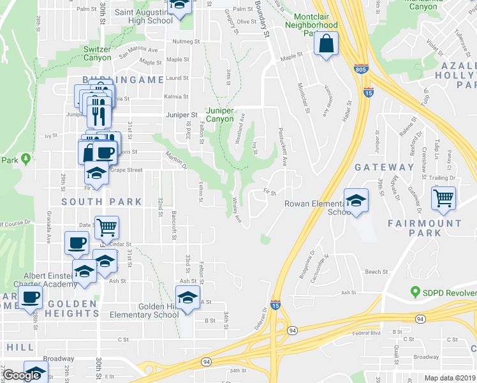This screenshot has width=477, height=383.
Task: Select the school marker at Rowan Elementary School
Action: coord(356,200)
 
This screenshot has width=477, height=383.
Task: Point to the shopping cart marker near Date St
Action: coord(106,227)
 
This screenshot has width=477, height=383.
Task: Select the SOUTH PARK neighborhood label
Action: coord(102,202)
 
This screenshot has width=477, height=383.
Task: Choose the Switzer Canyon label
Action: coord(97,52)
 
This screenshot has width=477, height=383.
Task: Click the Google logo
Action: coord(21,375)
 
